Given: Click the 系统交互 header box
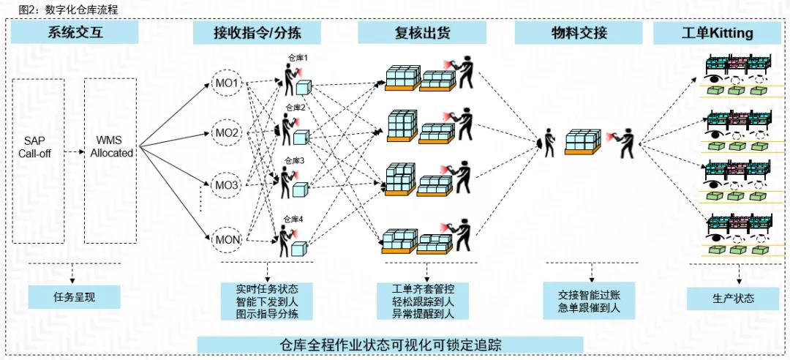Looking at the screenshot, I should [x=74, y=33].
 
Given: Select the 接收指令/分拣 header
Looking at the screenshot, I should [x=257, y=33].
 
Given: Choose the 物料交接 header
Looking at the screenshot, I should [x=579, y=33].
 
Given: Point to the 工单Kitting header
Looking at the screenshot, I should [x=717, y=33].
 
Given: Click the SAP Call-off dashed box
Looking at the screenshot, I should [x=39, y=161].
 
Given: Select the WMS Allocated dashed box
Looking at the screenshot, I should [x=110, y=161].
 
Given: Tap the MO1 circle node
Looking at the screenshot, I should [x=226, y=83].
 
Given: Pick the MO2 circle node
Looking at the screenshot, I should [x=226, y=133].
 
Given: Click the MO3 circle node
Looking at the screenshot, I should [x=226, y=185].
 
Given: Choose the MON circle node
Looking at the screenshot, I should [x=226, y=239].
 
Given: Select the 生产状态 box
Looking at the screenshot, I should [x=733, y=298].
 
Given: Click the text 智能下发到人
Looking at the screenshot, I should [x=268, y=301].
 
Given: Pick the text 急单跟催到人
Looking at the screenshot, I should [x=589, y=308].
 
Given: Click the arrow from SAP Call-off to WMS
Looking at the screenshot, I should [x=75, y=153].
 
